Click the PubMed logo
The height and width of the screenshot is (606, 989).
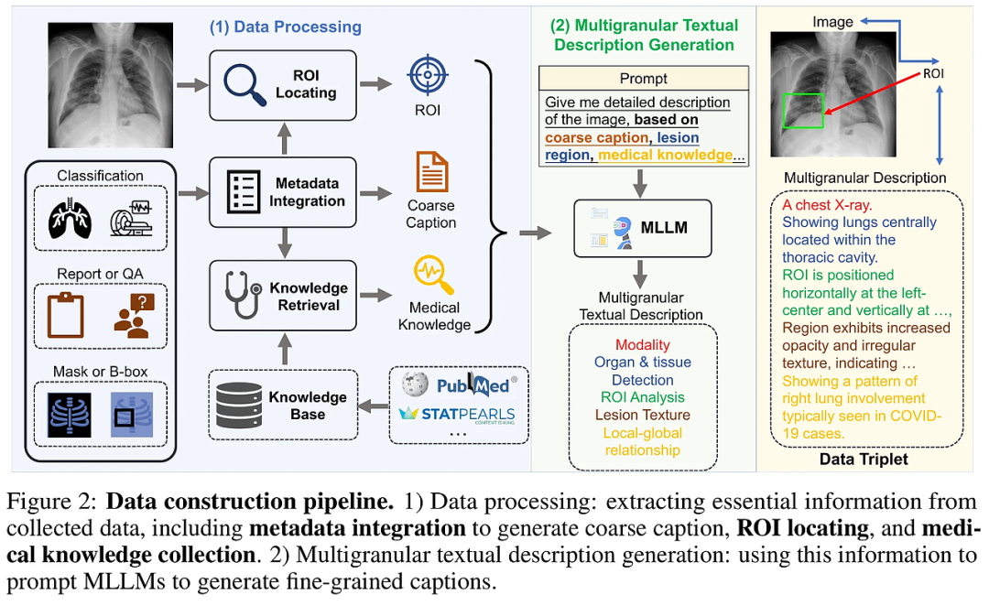point(476,384)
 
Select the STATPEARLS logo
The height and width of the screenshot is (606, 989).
point(458,414)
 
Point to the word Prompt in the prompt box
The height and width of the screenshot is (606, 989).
point(644,79)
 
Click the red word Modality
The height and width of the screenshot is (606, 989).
point(642,345)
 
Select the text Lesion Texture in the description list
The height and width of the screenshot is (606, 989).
point(642,415)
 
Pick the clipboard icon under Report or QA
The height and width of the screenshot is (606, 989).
point(65,314)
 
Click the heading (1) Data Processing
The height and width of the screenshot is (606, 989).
point(286,27)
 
